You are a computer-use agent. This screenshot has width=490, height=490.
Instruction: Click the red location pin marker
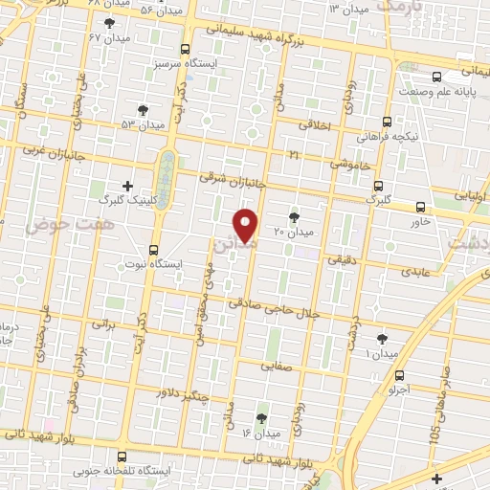click(x=246, y=223)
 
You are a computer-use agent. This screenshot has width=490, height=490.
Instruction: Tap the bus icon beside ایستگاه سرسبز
click(x=186, y=48)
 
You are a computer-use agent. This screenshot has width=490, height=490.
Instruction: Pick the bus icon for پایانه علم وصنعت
click(x=436, y=77)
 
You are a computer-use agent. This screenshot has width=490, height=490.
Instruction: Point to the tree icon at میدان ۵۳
click(x=143, y=111)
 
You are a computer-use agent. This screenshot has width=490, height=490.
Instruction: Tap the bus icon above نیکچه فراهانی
click(x=387, y=122)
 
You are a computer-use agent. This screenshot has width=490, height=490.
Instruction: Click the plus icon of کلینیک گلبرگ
click(x=127, y=186)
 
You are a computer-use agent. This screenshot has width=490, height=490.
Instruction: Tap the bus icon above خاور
click(x=421, y=207)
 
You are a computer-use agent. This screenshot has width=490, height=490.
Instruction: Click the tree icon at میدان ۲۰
click(x=294, y=217)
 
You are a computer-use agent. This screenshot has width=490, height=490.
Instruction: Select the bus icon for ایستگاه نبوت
click(x=153, y=249)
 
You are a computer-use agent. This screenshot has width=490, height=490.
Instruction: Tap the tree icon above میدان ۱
click(x=383, y=339)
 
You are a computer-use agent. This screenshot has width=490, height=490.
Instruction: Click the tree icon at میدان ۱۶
click(x=261, y=417)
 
